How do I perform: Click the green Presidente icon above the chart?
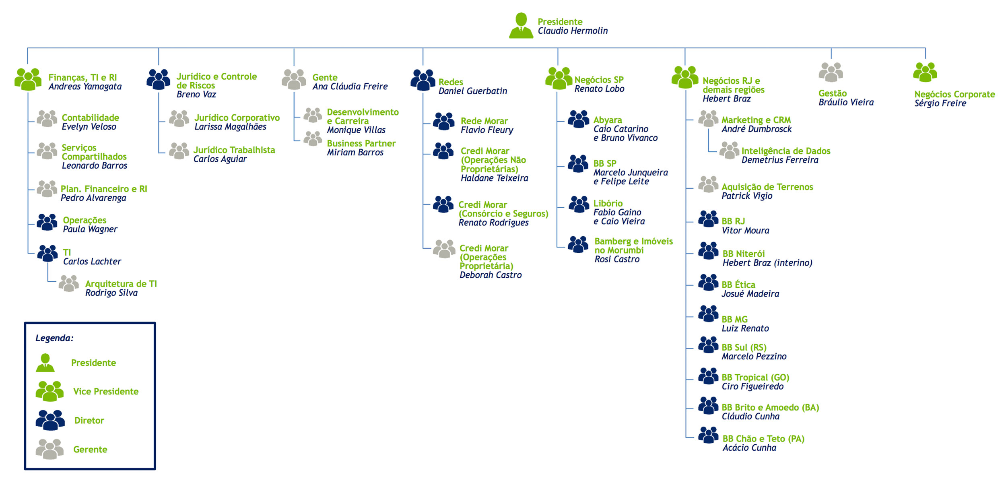521,25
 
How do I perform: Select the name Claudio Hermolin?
573,31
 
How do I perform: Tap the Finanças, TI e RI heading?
82,78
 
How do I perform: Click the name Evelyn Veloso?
89,127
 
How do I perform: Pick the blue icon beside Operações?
47,222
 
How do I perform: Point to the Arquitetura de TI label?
121,284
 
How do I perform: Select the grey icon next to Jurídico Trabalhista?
179,151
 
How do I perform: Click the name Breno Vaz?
196,95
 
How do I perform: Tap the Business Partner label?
361,144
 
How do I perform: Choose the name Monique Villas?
356,130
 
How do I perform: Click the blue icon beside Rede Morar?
444,121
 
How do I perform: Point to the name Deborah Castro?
491,275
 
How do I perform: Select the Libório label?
608,204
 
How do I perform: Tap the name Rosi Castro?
617,260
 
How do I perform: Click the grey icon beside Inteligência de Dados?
729,151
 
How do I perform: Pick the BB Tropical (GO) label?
755,378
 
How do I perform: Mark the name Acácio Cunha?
749,448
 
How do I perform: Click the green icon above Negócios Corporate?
925,72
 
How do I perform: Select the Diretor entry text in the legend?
89,421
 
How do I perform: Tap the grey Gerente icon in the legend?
49,449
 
